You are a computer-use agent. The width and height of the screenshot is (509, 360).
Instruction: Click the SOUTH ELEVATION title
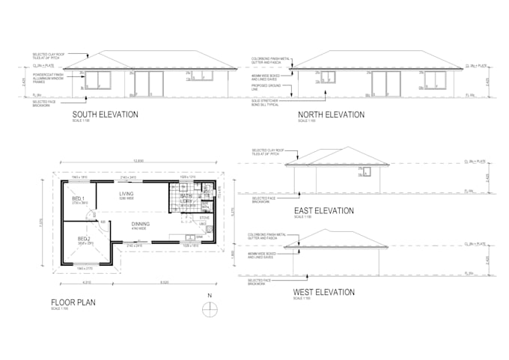tap(105, 115)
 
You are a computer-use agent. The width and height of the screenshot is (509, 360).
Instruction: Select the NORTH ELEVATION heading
tap(331, 115)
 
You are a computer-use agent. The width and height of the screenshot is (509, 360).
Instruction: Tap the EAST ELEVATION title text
tap(324, 211)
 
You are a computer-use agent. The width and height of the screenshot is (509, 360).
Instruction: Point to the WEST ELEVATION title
tap(324, 292)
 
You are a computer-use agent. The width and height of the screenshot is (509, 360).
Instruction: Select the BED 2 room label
tap(82, 239)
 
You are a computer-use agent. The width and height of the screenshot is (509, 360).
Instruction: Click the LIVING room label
tap(127, 194)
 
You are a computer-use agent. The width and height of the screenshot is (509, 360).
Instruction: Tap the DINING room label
tap(140, 224)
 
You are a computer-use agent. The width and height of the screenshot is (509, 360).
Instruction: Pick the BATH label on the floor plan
tap(185, 197)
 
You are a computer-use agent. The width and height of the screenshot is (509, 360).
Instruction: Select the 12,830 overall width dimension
tap(137, 163)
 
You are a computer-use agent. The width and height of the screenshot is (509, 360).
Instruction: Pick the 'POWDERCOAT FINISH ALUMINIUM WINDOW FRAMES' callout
tap(47, 76)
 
